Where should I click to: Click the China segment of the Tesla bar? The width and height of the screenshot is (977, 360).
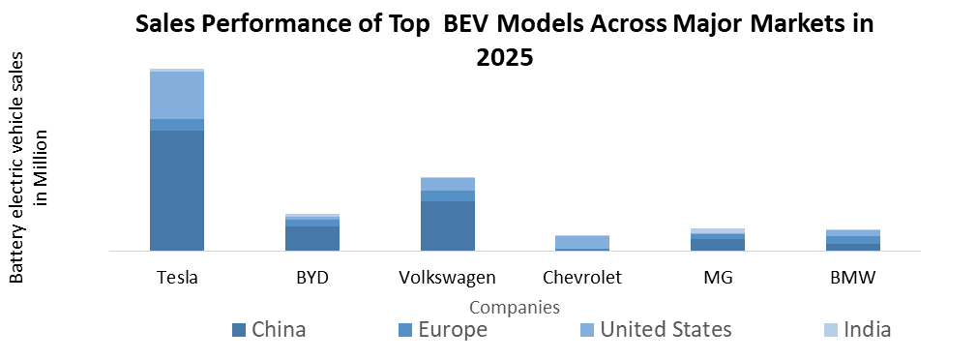pos(177,190)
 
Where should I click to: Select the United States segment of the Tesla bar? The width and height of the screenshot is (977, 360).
pos(177,95)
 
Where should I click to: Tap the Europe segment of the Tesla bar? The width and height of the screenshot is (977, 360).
pos(177,124)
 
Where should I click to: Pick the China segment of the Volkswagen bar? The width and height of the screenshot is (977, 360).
pos(447,225)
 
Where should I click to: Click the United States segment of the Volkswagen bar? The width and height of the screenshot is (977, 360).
pos(447,184)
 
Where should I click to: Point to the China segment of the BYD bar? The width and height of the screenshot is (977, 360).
pos(312,238)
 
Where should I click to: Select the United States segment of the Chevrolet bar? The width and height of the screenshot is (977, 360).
pos(582,242)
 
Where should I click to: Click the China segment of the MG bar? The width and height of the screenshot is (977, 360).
pos(718,244)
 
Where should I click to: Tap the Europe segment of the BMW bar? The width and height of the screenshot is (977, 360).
pos(853,239)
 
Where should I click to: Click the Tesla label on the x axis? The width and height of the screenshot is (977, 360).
pos(177,278)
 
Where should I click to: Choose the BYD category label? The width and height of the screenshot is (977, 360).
pos(312,278)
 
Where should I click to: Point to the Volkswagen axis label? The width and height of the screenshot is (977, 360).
pos(447,278)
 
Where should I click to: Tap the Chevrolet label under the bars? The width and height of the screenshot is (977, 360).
pos(582,278)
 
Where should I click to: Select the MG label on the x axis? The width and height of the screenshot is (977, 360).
pos(718,278)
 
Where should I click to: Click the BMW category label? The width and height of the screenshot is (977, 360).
pos(853,278)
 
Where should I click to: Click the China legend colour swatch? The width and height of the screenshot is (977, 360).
pos(238,330)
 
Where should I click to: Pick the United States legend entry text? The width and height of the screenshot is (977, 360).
pos(666,330)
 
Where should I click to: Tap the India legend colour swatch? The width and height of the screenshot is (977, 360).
pos(831,330)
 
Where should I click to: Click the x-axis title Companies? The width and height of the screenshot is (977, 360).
pos(514,308)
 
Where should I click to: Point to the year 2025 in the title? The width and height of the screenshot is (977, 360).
pos(504,57)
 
